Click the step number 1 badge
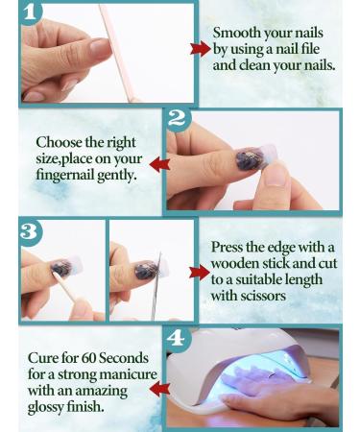point(31,12)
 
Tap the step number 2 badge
point(178,119)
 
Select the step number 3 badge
point(31,232)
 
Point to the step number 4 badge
point(178,338)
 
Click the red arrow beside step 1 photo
point(201,49)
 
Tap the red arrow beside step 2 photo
point(159,164)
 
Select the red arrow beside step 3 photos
point(200,273)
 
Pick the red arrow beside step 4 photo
point(159,389)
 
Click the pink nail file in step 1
point(117,53)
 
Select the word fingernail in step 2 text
point(64,175)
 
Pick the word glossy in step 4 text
point(45,407)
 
